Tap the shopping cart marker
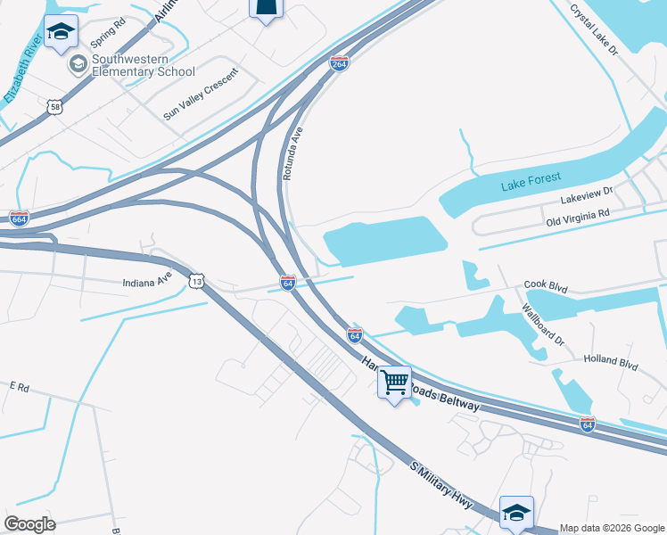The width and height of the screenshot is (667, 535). [394, 383]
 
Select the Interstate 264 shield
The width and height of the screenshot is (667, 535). [339, 63]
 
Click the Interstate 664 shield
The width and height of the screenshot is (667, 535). [19, 218]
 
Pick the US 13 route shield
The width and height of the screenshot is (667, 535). [196, 281]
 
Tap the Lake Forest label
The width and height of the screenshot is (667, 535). [531, 185]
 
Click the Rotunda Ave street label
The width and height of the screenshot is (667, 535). [292, 153]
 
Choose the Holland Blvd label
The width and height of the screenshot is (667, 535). [611, 363]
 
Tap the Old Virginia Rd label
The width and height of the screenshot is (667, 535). [578, 214]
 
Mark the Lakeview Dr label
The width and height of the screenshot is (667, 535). [588, 191]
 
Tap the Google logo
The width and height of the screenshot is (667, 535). [29, 523]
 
